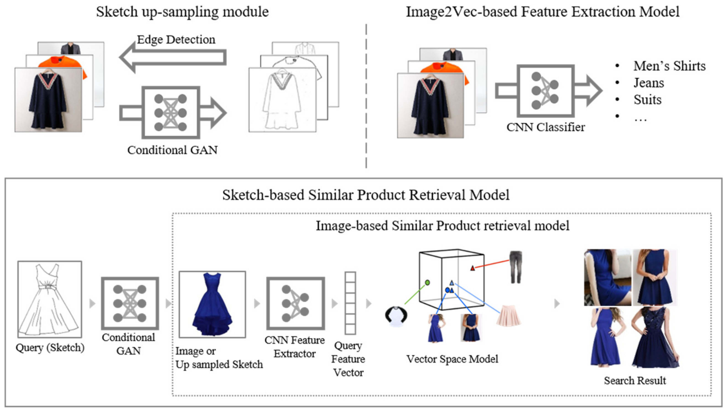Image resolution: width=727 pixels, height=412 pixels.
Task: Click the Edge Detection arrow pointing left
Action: coord(173,57)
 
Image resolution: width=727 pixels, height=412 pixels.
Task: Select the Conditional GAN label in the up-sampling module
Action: coord(172,150)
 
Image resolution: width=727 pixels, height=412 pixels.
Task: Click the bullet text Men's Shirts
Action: coord(669,66)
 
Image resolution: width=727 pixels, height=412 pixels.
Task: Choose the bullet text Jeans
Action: coord(648,83)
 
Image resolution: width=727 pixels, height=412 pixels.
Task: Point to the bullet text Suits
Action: coord(647,100)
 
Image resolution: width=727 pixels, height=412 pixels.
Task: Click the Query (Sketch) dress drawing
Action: coord(49,299)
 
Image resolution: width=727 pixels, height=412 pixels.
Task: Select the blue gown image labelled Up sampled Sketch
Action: coord(212,304)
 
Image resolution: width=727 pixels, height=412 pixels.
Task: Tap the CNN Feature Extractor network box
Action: coord(295,303)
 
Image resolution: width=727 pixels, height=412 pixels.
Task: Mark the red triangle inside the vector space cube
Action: coord(472,268)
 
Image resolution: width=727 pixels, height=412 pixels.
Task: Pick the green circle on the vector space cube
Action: coord(427,282)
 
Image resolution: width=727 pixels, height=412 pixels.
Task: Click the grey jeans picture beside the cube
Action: coord(516,267)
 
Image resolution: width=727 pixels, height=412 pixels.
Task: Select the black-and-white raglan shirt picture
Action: coord(396,316)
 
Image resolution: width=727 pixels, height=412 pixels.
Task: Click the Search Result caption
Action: coord(635,381)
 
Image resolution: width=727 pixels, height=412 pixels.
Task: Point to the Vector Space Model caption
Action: coord(452,359)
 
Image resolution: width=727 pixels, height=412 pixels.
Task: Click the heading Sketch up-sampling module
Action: coord(182,12)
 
